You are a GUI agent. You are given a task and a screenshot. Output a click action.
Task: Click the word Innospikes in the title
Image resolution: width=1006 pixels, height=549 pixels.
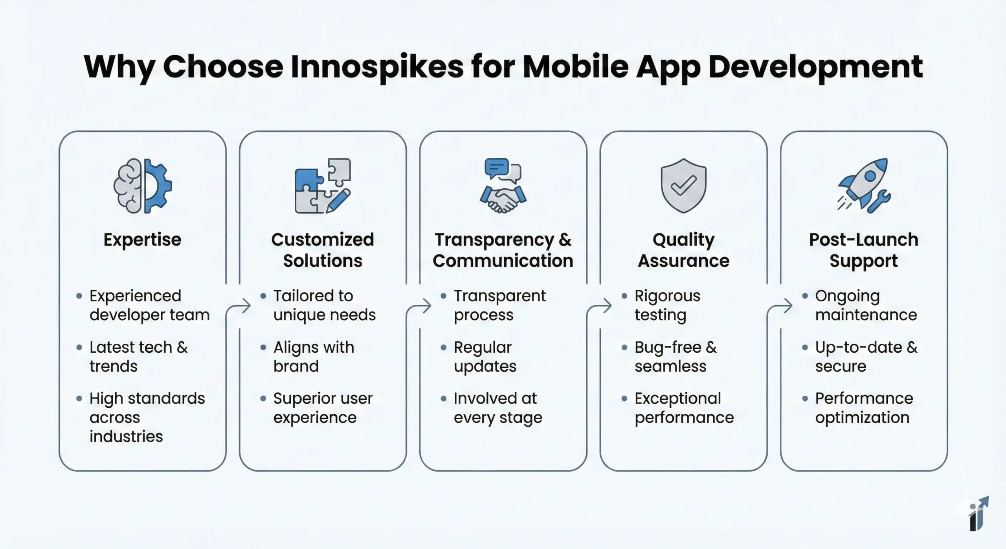[377, 67]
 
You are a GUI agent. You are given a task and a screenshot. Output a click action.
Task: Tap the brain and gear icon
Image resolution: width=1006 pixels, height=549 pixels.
[143, 186]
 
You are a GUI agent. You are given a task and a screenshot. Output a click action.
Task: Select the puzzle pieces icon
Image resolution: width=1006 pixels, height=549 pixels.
[323, 186]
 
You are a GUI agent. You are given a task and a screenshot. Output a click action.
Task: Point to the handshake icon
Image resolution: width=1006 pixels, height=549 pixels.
[503, 186]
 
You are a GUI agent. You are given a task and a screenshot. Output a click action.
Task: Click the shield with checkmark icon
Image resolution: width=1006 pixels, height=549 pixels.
[684, 186]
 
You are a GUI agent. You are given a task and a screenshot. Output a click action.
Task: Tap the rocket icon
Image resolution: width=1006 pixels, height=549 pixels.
[864, 186]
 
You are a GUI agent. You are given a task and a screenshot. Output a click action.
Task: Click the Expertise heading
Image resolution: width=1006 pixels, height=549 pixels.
[143, 240]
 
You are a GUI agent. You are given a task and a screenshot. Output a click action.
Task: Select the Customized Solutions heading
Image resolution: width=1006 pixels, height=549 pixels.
[323, 250]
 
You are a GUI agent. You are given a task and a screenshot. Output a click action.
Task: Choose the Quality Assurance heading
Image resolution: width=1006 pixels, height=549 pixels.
[684, 250]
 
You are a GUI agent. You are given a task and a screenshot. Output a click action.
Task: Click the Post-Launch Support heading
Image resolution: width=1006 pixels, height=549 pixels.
[864, 251]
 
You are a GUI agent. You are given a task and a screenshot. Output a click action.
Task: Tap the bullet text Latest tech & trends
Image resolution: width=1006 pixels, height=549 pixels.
[139, 357]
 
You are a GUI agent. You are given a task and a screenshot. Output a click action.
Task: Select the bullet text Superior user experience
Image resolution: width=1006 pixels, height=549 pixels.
[323, 408]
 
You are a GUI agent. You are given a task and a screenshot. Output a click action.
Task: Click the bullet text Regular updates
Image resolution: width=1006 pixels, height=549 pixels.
[485, 357]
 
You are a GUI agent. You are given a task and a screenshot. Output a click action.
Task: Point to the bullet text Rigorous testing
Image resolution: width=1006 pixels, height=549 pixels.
[667, 305]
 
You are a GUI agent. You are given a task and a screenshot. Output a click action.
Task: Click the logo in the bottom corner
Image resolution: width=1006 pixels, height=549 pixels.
[978, 514]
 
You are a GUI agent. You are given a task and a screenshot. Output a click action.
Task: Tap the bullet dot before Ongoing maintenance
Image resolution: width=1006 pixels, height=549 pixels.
[805, 296]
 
